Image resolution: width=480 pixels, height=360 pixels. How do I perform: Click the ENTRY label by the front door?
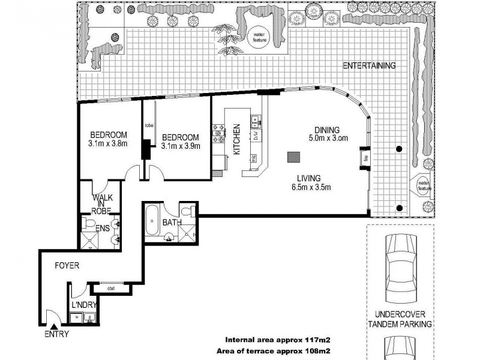[x=55, y=334]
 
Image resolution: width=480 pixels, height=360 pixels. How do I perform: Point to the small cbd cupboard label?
[x=111, y=289]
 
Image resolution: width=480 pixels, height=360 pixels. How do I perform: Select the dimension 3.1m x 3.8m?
[x=108, y=144]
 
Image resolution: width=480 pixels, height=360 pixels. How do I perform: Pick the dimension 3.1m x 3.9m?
[x=180, y=145]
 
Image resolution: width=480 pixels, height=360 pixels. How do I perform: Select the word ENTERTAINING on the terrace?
[x=368, y=66]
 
